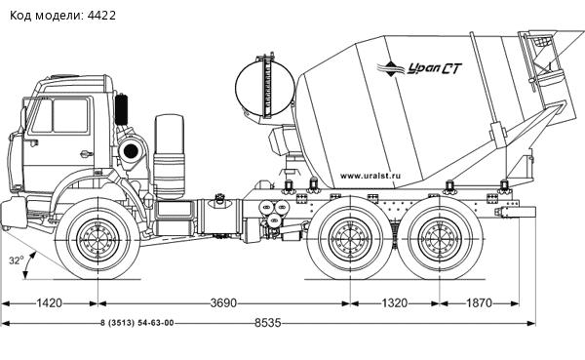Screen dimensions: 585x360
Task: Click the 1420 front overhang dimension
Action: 50,302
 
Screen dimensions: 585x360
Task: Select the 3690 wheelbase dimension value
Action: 223,302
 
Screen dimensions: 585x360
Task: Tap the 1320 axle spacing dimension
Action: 394,302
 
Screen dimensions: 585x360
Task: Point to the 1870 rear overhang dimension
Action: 480,302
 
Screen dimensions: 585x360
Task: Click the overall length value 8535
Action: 268,323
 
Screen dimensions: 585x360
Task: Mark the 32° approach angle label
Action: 17,260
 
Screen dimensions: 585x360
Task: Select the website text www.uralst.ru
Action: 370,176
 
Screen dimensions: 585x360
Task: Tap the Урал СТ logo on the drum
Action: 419,68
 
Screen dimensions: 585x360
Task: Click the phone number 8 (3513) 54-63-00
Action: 136,323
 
